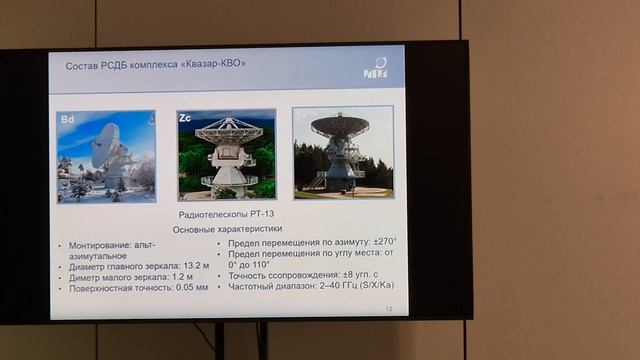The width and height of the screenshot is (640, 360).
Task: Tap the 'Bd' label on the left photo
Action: tap(68, 121)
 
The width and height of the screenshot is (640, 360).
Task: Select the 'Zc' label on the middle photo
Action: tap(185, 118)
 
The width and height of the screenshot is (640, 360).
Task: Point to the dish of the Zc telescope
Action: tap(228, 131)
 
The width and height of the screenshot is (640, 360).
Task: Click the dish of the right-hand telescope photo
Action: tap(339, 126)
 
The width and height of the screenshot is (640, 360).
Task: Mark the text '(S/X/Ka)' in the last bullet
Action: tap(366, 287)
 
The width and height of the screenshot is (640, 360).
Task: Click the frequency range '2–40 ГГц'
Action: tap(320, 287)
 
